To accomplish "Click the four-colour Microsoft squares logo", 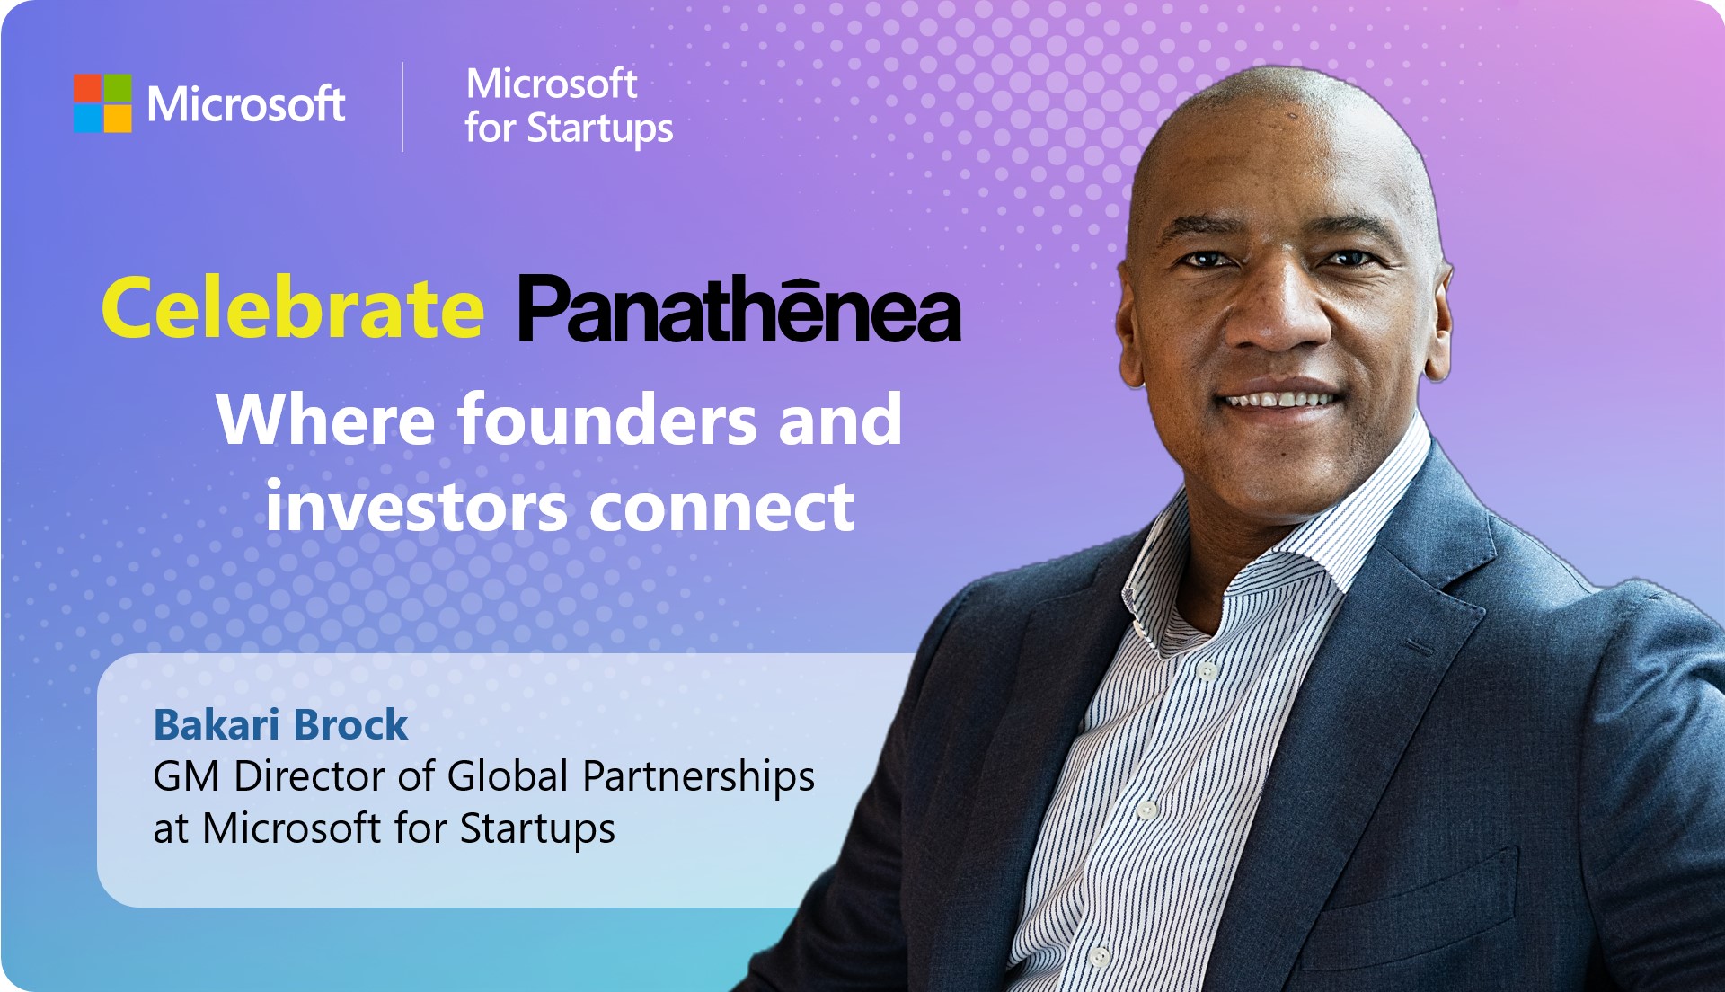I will [102, 103].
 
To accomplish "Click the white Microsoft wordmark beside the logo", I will [245, 104].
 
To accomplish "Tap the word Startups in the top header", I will [599, 128].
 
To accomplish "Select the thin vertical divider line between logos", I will [402, 106].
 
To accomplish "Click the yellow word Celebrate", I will [293, 308].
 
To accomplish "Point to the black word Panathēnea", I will [739, 311].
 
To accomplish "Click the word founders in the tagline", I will [608, 420].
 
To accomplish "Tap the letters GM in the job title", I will [186, 776].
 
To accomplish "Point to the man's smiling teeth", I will [1280, 398].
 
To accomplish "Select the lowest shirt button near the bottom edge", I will [1100, 957].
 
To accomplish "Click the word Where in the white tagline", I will [325, 420].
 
